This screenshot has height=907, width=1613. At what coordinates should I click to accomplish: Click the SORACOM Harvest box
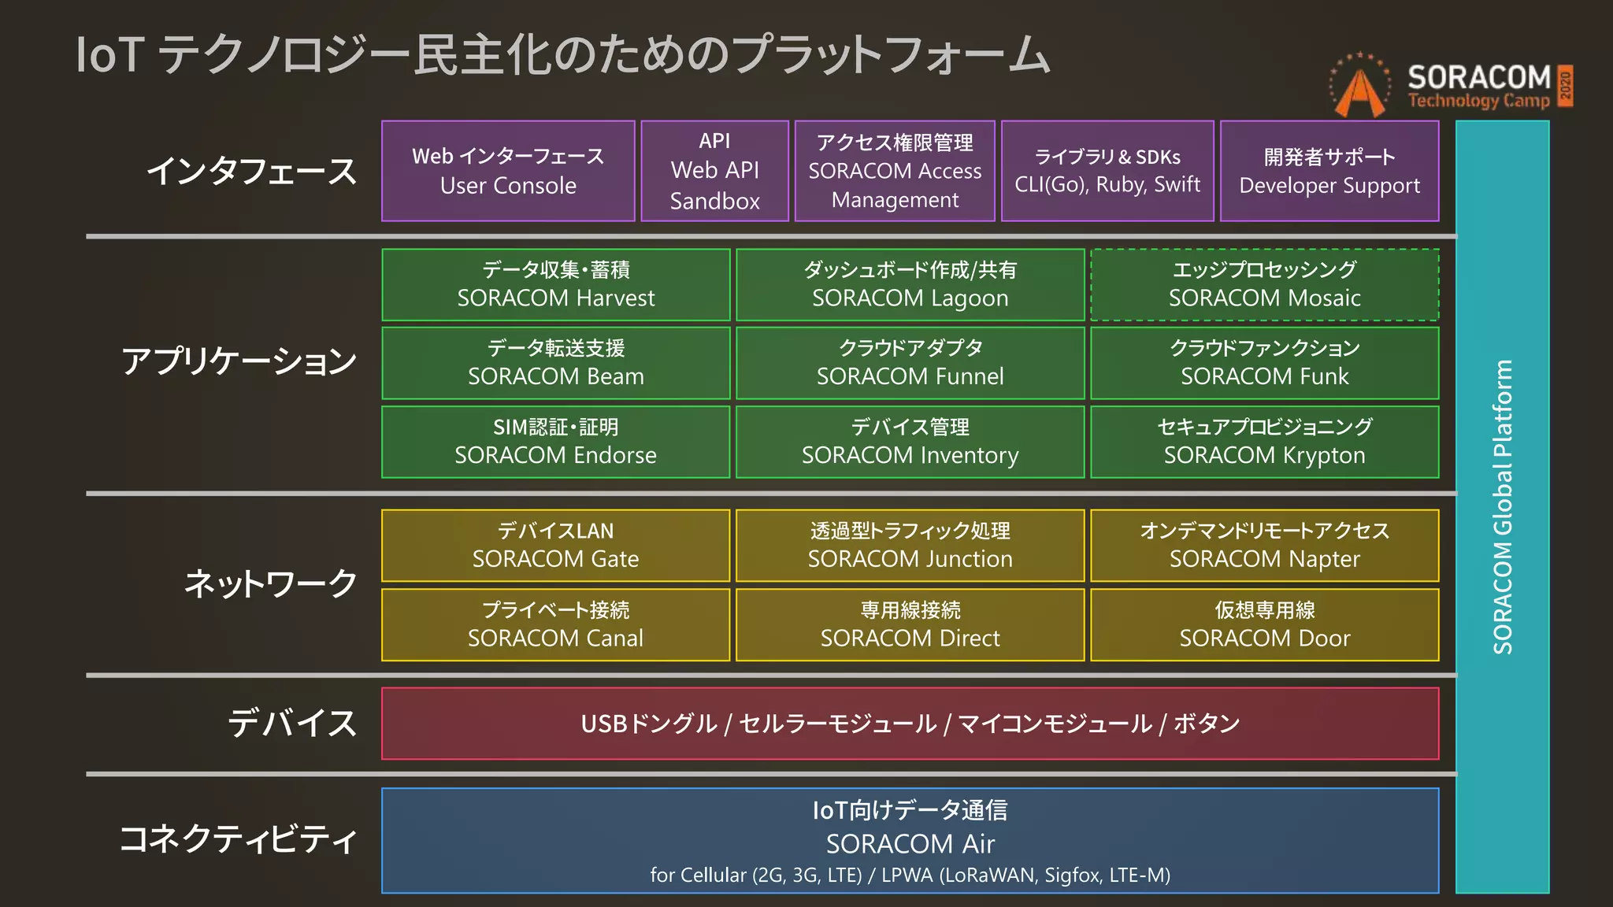click(555, 284)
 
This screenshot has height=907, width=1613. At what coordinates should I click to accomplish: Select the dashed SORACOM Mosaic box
click(1264, 284)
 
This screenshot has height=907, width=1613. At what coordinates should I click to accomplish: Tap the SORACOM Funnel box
click(910, 363)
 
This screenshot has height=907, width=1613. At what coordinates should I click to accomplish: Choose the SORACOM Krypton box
click(1264, 442)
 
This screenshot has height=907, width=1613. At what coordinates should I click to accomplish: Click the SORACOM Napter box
click(1264, 546)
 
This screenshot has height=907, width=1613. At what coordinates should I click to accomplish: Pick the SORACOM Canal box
click(555, 624)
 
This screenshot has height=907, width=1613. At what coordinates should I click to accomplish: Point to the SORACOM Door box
click(1264, 624)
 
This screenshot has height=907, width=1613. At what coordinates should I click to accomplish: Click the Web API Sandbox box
click(714, 171)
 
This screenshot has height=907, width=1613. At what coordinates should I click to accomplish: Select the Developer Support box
click(1329, 171)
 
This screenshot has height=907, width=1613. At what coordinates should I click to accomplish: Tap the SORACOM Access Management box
click(895, 171)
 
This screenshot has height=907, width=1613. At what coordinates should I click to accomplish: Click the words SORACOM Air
click(910, 844)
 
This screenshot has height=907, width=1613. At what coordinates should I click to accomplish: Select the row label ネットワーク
click(270, 583)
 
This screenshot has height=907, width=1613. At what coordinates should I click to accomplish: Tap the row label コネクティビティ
click(239, 839)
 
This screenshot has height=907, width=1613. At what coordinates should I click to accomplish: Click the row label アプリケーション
click(239, 361)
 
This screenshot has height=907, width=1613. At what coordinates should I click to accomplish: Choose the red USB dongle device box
click(910, 724)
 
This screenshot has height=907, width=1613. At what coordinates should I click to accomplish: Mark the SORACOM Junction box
click(910, 546)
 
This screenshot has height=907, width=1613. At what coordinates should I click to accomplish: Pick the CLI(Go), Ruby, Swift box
click(1107, 171)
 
